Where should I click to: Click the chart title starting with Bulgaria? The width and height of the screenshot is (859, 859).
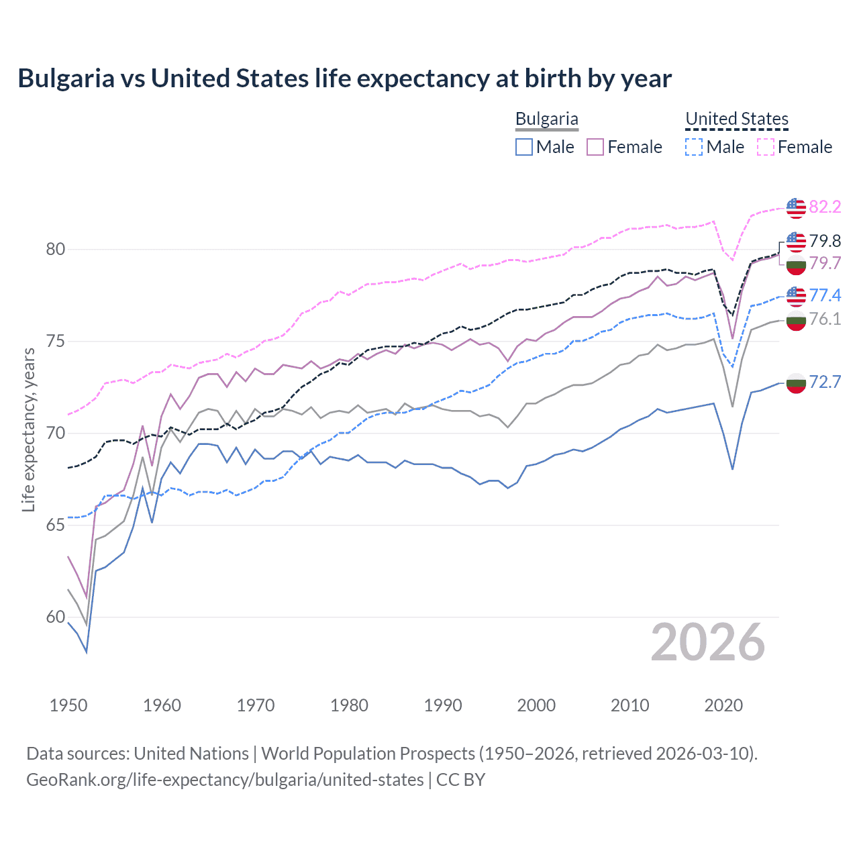click(344, 79)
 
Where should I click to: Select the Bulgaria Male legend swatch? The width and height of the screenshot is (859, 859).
click(524, 147)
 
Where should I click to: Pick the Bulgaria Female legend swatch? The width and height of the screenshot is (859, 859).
click(595, 147)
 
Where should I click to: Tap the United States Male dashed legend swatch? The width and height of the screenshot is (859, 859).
click(694, 147)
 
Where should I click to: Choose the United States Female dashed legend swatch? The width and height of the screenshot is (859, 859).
click(765, 147)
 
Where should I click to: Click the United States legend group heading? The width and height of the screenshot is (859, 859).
click(736, 119)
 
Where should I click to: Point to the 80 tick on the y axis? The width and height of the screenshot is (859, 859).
click(56, 249)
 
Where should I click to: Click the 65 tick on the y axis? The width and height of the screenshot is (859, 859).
click(56, 525)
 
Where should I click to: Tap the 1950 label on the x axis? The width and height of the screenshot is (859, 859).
click(68, 705)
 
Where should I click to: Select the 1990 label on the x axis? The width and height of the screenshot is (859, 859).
click(443, 705)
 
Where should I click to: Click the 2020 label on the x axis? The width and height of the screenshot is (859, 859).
click(723, 705)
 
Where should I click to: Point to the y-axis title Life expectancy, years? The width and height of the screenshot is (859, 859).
click(28, 429)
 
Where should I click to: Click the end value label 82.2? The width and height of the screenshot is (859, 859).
click(825, 207)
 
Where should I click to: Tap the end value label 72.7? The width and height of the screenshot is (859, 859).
click(825, 382)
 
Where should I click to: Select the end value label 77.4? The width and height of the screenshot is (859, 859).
click(825, 295)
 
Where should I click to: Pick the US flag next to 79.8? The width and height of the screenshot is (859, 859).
click(796, 240)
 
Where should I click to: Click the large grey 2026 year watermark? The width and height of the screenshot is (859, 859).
click(708, 642)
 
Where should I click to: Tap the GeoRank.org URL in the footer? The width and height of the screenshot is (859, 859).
click(225, 779)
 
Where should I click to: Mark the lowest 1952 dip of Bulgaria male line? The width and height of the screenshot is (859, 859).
click(87, 652)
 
